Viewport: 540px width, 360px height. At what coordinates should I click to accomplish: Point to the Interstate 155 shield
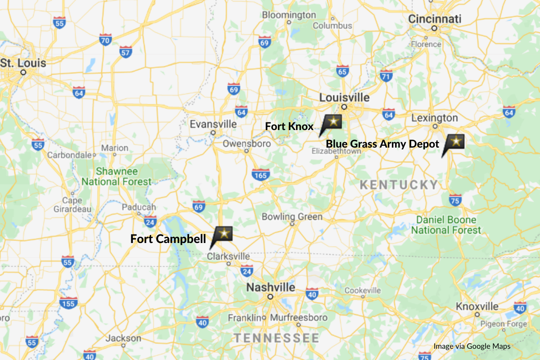point(68,303)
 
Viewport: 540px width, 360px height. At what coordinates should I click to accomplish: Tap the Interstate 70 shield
point(105,40)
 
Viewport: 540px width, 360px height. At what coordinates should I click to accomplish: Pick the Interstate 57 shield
point(126,52)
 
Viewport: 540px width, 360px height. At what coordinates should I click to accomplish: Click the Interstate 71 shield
point(386,76)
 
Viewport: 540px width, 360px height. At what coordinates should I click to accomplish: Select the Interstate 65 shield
point(342,71)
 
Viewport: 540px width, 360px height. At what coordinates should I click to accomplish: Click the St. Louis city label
point(23,63)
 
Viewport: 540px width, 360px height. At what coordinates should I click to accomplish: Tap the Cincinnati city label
point(435,19)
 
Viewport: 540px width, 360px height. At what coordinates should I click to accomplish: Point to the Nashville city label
point(270,288)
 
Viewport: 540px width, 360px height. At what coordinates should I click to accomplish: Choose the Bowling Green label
point(292,217)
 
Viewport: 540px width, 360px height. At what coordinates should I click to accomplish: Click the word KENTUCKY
point(399,184)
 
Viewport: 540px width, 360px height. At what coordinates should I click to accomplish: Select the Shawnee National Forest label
point(117,177)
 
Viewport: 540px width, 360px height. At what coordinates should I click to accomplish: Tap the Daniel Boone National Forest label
point(446,225)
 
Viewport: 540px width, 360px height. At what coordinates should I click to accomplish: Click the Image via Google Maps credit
point(472,346)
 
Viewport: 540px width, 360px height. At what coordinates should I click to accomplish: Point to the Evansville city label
point(213,124)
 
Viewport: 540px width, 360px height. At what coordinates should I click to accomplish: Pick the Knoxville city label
point(477,306)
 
